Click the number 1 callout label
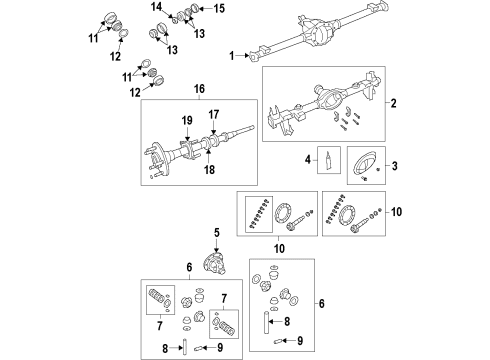[233, 57]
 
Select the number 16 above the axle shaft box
[199, 90]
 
